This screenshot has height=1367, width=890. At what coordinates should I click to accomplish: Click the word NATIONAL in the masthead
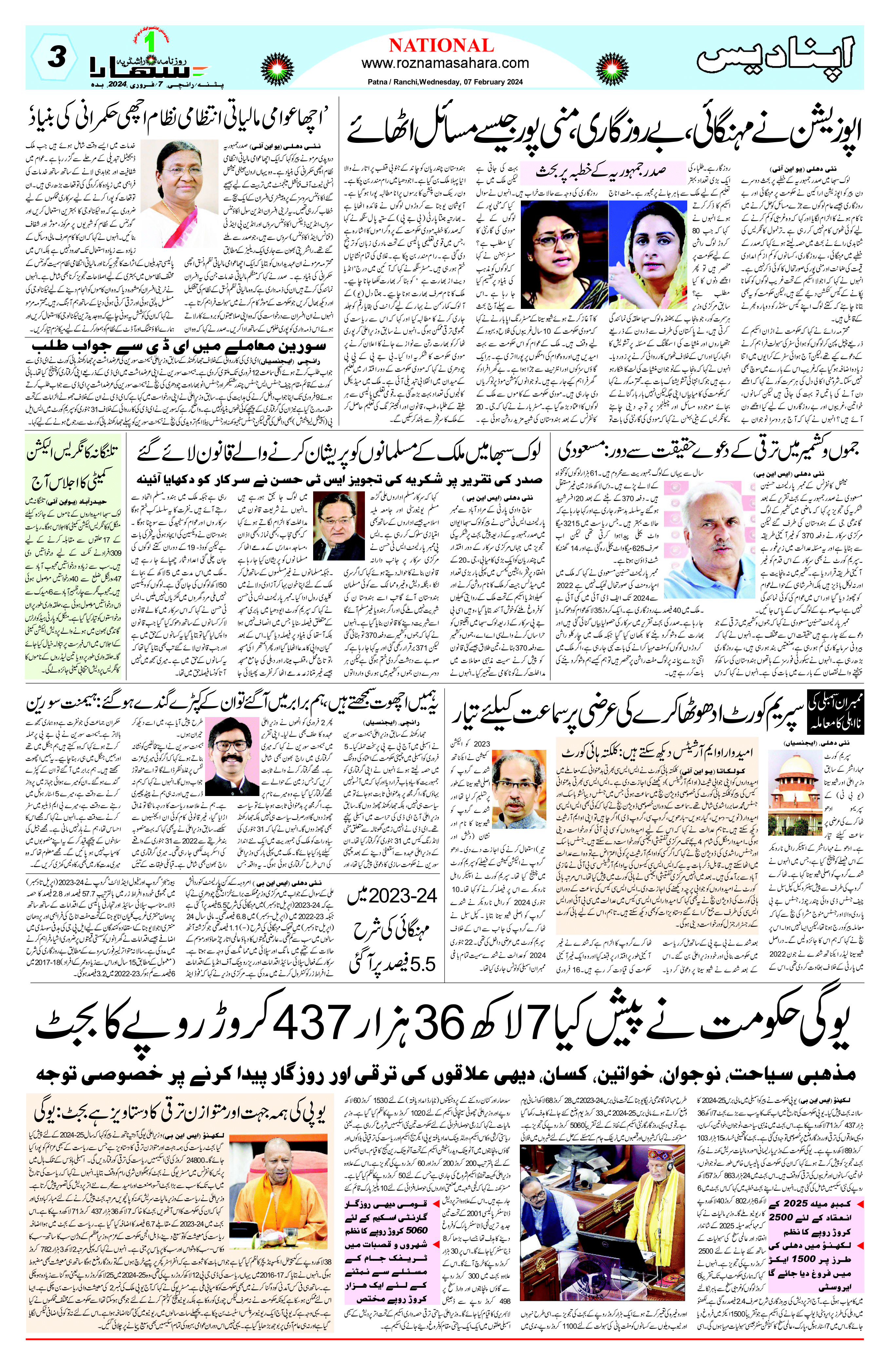click(x=441, y=46)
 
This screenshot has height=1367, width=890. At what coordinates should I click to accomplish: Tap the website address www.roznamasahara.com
click(x=445, y=63)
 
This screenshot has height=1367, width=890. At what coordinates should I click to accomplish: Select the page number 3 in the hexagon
click(x=55, y=57)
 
